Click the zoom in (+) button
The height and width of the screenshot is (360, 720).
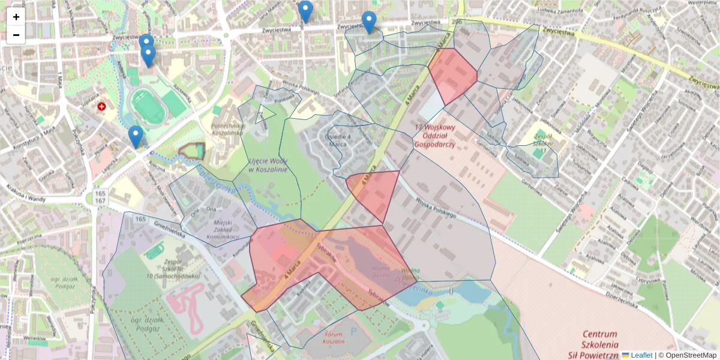(x=16, y=17)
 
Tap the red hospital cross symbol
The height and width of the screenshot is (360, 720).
(x=102, y=106)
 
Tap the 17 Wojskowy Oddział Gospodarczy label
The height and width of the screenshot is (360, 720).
(x=436, y=136)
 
